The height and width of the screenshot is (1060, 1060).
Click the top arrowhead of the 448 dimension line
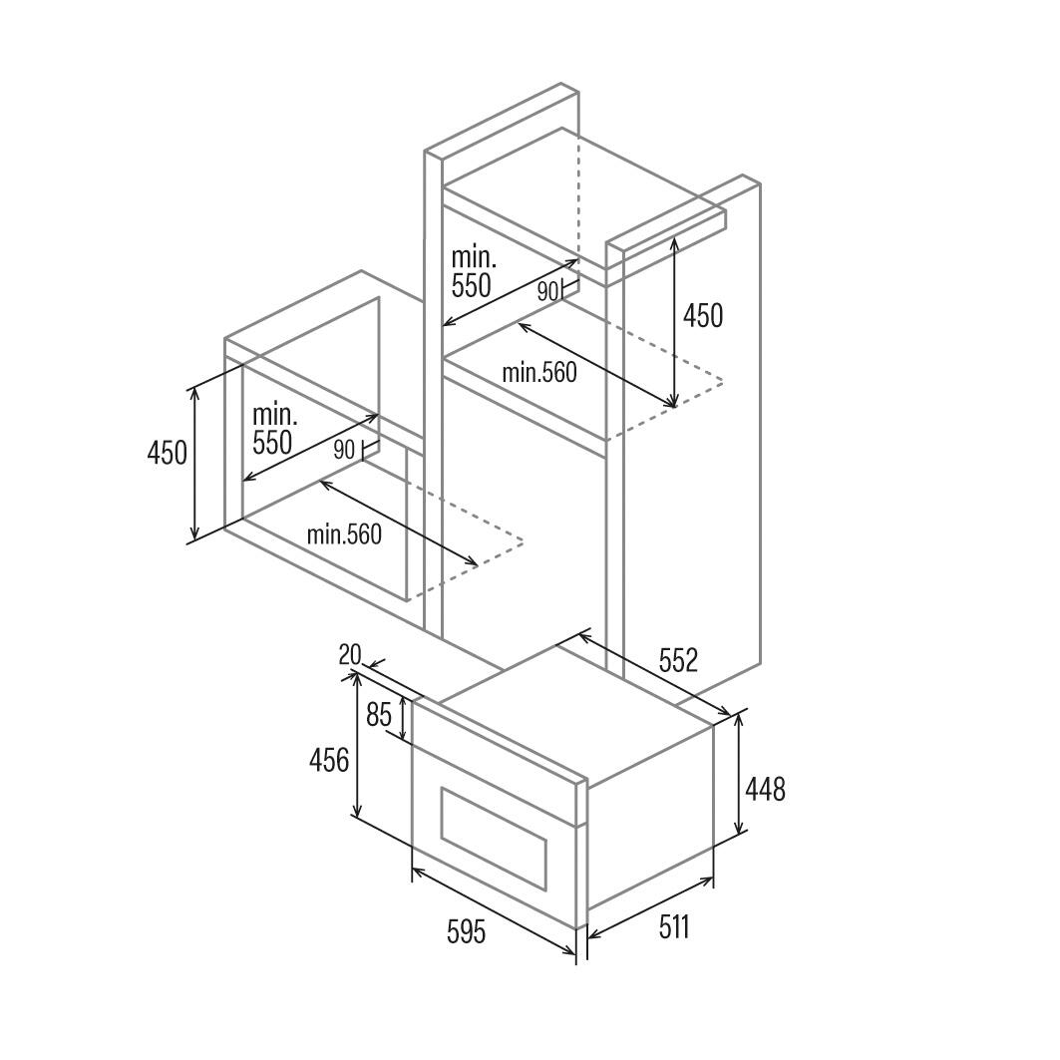(x=740, y=717)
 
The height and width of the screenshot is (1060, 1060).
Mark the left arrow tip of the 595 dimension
(x=413, y=870)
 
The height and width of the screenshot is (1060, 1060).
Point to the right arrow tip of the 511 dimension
(x=713, y=879)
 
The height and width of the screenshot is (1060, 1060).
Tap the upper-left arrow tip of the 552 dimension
(x=579, y=633)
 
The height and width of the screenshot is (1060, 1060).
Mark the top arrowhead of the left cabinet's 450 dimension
(x=194, y=390)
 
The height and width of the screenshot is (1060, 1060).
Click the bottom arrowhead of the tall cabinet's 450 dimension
(x=673, y=407)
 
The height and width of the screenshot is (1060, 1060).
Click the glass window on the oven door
(x=493, y=839)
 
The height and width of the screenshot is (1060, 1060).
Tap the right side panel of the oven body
(x=650, y=818)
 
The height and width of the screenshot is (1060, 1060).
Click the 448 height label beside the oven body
(x=765, y=789)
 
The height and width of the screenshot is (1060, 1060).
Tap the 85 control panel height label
(x=379, y=714)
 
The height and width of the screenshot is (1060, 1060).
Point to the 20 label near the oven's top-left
(x=349, y=654)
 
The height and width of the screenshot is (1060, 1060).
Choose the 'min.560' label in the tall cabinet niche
(x=539, y=373)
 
